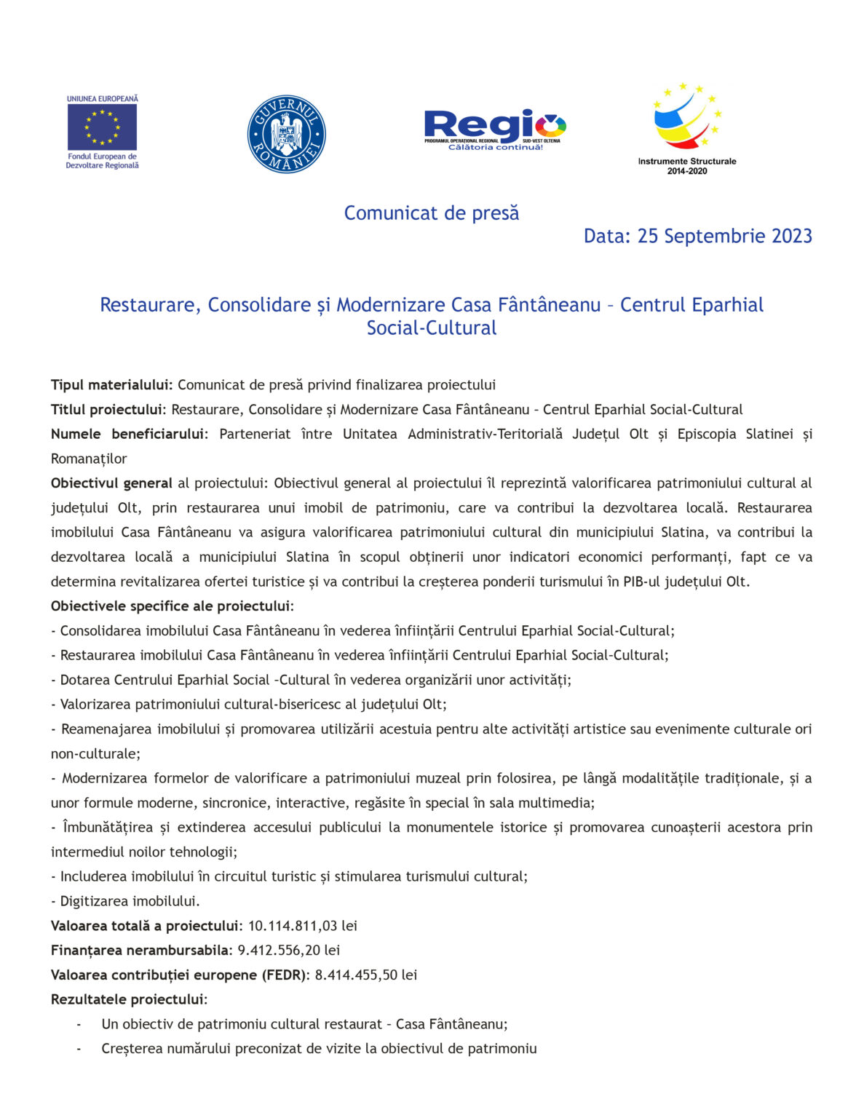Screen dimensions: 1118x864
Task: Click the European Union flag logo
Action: (x=102, y=126)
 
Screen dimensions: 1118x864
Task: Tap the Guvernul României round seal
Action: (x=286, y=134)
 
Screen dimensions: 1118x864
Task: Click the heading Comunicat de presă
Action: (x=432, y=213)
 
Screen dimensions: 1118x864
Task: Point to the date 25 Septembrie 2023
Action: (x=725, y=237)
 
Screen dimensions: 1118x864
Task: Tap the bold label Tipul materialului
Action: (x=111, y=385)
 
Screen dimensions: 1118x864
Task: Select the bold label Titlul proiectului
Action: (x=108, y=410)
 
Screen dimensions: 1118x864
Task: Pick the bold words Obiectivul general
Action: (x=111, y=483)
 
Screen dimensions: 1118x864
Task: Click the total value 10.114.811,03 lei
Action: (x=303, y=926)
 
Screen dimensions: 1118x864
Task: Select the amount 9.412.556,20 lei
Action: (x=289, y=951)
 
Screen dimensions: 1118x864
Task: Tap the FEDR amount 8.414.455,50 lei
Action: (x=366, y=975)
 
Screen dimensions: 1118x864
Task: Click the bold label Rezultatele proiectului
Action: (x=129, y=1000)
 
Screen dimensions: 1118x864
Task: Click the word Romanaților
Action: (x=89, y=459)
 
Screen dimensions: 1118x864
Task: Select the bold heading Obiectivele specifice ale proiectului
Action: (x=172, y=606)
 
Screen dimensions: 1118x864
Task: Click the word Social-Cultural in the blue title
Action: (x=432, y=328)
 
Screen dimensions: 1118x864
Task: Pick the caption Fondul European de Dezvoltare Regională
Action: (x=102, y=161)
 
